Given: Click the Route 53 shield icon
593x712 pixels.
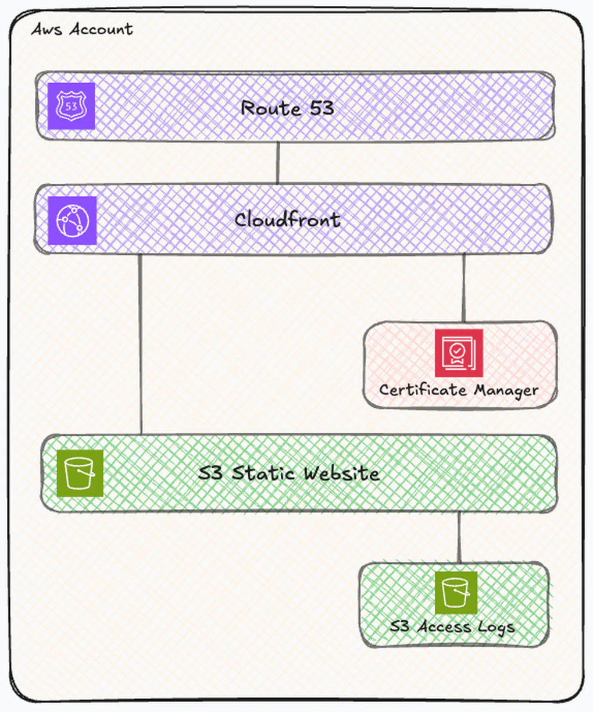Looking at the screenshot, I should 71,106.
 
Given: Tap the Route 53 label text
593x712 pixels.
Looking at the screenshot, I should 287,108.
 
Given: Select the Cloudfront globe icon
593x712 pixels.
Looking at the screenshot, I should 72,220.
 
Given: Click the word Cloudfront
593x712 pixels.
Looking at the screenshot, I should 287,220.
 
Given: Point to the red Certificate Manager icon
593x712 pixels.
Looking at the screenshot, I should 459,353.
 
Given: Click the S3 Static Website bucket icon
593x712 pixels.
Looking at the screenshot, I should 80,472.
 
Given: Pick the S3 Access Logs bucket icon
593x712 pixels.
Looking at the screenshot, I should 456,593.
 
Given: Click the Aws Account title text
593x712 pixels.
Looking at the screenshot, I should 82,29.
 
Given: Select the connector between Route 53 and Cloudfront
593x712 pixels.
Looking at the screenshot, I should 277,162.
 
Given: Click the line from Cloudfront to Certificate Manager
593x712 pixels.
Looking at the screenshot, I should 463,287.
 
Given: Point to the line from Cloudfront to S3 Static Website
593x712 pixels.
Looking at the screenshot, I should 140,343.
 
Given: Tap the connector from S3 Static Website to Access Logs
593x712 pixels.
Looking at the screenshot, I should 459,537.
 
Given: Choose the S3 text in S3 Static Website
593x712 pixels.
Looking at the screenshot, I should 210,473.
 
